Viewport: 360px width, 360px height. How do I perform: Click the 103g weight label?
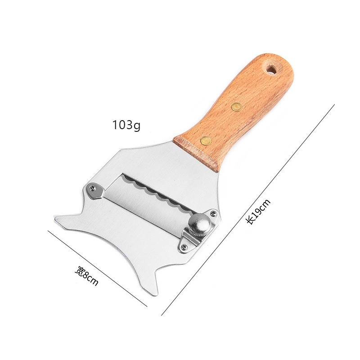pyautogui.click(x=126, y=126)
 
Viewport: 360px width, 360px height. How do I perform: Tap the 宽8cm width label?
pyautogui.click(x=86, y=276)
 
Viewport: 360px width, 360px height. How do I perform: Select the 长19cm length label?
pyautogui.click(x=258, y=211)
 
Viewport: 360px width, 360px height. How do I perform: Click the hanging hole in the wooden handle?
pyautogui.click(x=272, y=69)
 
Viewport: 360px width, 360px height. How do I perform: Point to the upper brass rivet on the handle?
pyautogui.click(x=237, y=107)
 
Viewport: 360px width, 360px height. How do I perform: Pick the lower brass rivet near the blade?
pyautogui.click(x=206, y=140)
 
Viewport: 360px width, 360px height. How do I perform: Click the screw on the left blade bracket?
pyautogui.click(x=93, y=188)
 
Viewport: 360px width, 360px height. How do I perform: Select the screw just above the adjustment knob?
pyautogui.click(x=213, y=213)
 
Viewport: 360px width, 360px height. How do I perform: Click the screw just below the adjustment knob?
pyautogui.click(x=184, y=247)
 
